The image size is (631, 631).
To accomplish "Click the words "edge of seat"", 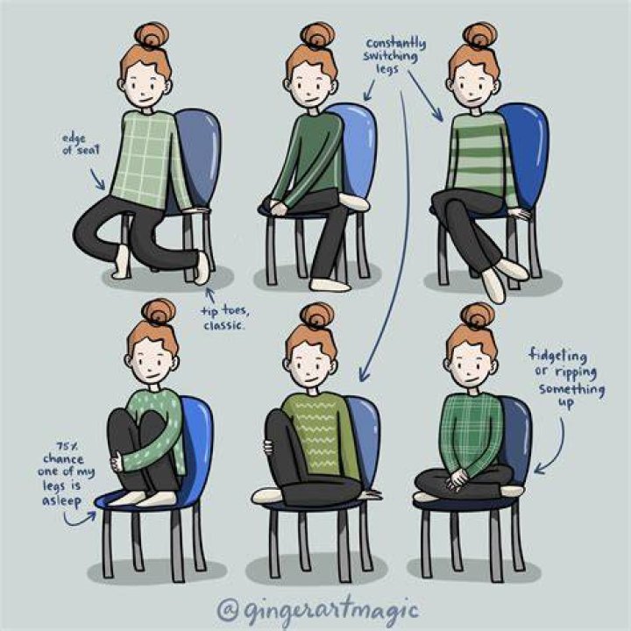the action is [80, 144].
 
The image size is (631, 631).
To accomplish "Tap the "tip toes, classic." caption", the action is [224, 318].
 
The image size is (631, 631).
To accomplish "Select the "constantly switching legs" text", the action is [394, 55].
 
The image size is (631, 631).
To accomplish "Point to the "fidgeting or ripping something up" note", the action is [567, 379].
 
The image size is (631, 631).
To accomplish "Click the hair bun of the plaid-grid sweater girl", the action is [152, 35].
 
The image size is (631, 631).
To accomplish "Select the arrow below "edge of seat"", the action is [97, 179].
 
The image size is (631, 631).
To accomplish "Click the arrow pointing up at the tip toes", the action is [210, 295].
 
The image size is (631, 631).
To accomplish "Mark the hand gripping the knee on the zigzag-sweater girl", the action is [268, 448].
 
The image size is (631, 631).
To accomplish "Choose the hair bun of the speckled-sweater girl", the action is [159, 311].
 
